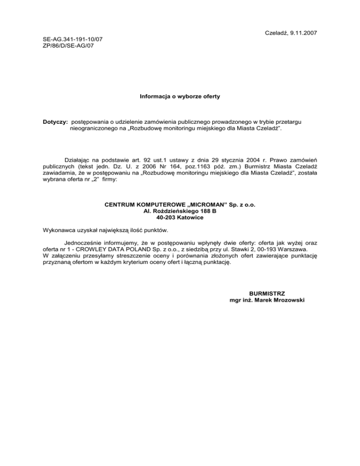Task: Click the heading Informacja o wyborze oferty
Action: pos(180,97)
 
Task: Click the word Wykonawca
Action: pos(59,230)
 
